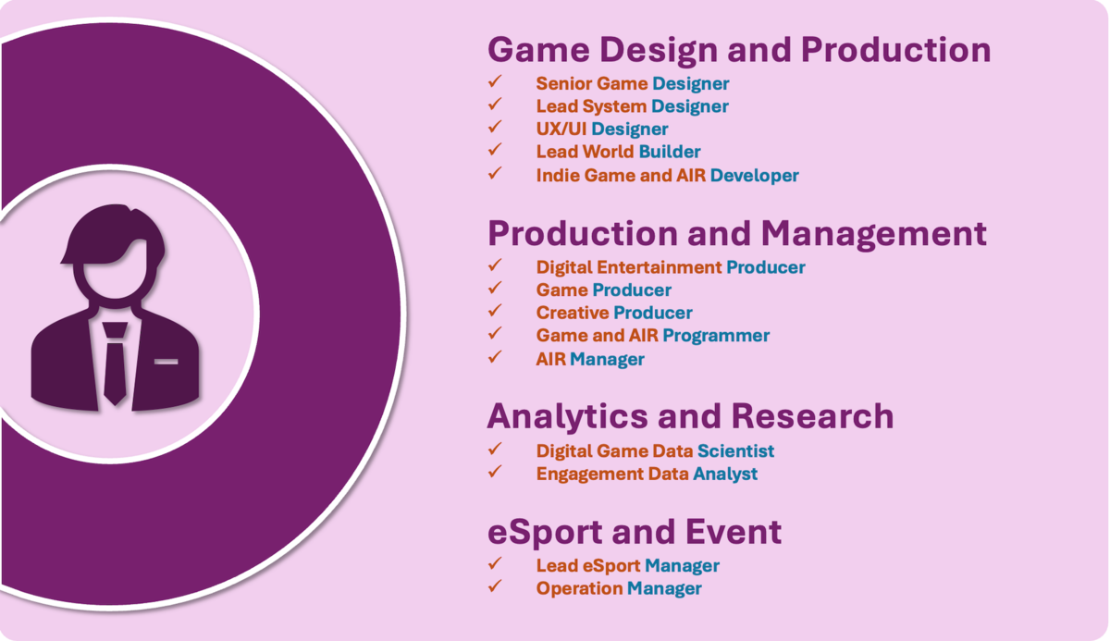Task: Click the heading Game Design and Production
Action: click(739, 50)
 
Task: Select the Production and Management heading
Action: click(737, 234)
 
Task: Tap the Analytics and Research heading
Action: click(690, 416)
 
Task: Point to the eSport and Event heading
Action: click(635, 532)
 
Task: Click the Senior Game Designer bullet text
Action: click(633, 84)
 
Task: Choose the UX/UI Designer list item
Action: click(602, 129)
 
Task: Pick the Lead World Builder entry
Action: click(618, 152)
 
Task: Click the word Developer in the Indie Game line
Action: click(754, 176)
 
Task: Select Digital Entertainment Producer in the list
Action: click(671, 267)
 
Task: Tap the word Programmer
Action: click(716, 336)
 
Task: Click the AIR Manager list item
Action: click(590, 359)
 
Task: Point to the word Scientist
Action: click(736, 451)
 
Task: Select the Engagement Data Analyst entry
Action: click(647, 475)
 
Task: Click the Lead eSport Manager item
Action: click(628, 566)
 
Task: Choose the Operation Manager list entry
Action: click(619, 588)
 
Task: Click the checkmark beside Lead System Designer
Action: click(495, 105)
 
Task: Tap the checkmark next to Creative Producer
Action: click(495, 311)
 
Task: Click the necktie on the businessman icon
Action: click(115, 364)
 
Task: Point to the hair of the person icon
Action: click(114, 233)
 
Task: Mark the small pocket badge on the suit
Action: click(166, 362)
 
